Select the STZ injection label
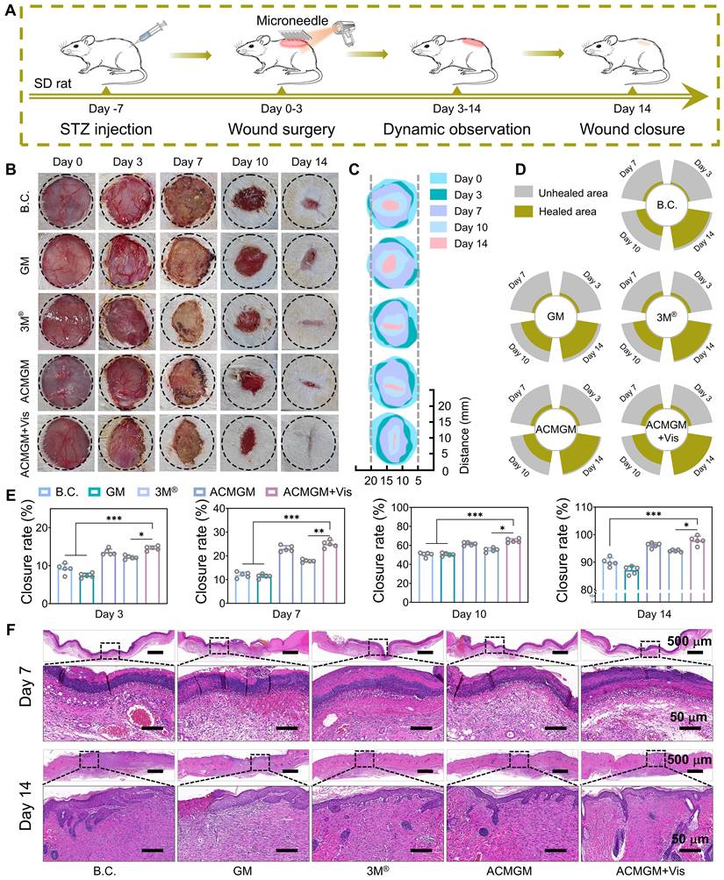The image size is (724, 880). click(x=105, y=130)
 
